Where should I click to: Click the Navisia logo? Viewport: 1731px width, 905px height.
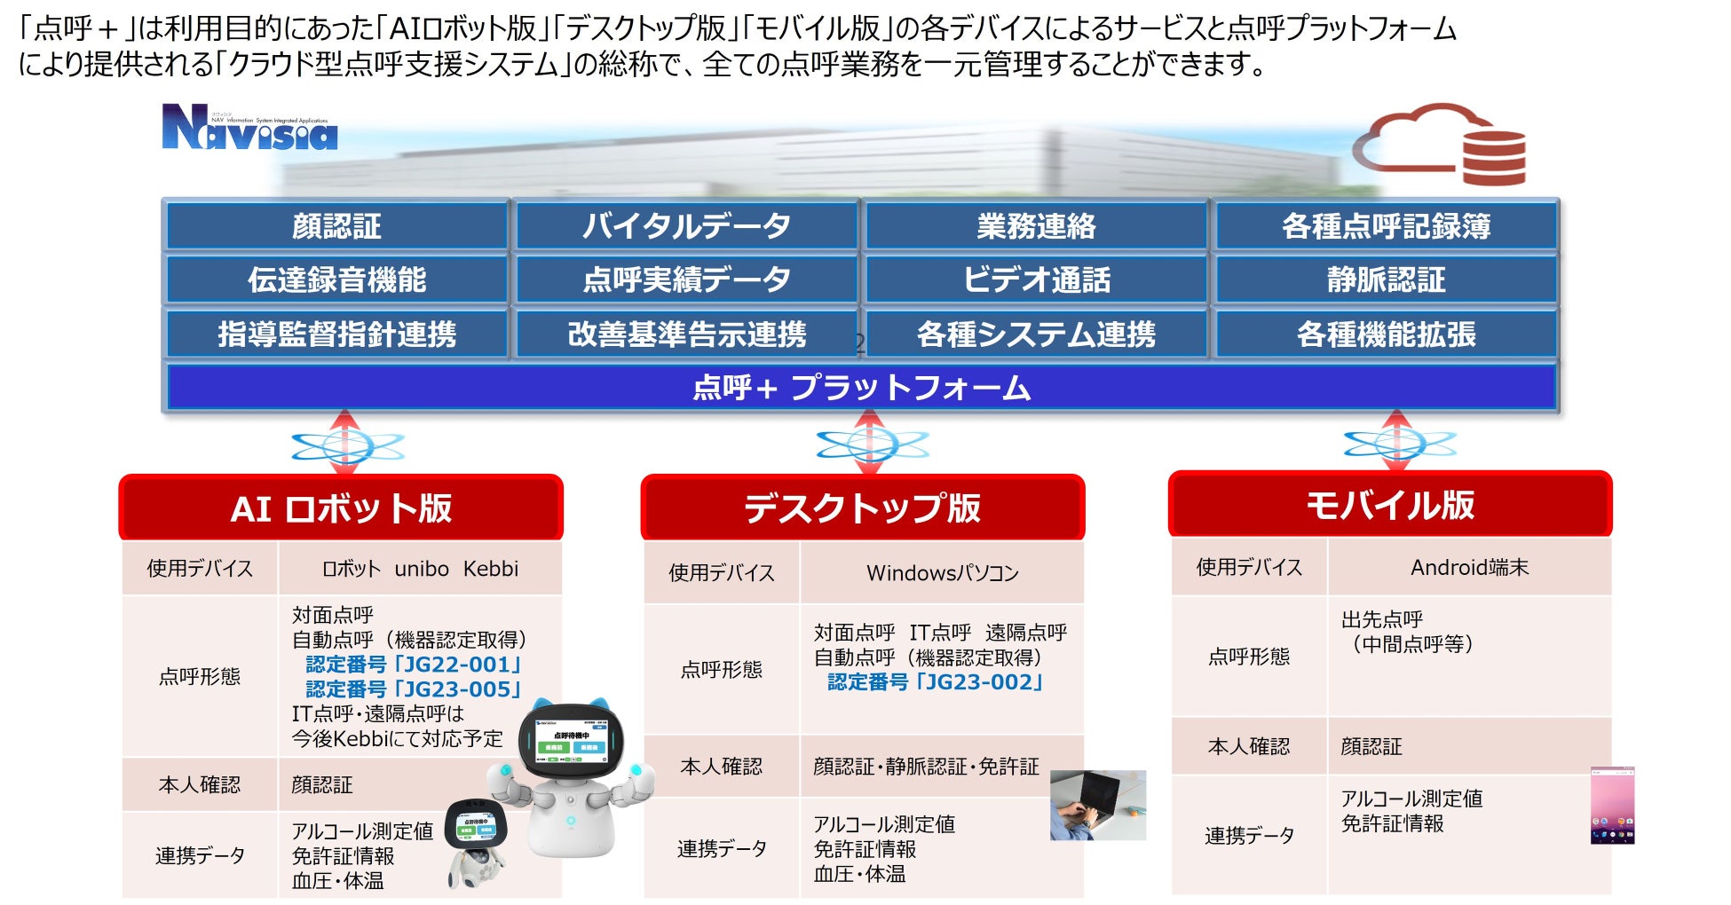click(x=249, y=128)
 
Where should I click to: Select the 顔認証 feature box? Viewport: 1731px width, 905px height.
click(x=336, y=226)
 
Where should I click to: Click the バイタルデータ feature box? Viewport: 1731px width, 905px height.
click(x=686, y=226)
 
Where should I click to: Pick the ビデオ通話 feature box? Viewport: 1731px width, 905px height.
click(x=1036, y=280)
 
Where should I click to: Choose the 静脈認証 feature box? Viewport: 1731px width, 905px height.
click(x=1386, y=280)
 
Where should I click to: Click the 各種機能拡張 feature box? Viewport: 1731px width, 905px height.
click(x=1386, y=334)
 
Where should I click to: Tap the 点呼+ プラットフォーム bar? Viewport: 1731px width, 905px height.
click(x=861, y=388)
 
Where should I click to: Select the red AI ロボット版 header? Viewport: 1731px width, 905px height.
click(x=341, y=508)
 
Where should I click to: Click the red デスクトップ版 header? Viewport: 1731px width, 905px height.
click(x=862, y=508)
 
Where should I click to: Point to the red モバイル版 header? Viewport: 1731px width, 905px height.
click(x=1389, y=505)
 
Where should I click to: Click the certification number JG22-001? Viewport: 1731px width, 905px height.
click(x=414, y=665)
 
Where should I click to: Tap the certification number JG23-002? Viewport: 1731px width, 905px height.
click(x=935, y=682)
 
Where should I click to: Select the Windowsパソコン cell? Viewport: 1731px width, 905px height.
click(x=942, y=573)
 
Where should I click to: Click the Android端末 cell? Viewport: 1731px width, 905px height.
click(x=1469, y=568)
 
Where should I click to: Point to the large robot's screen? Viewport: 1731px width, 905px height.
click(x=572, y=740)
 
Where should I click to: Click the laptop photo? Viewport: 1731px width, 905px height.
click(x=1097, y=805)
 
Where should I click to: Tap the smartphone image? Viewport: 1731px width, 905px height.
click(x=1612, y=806)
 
